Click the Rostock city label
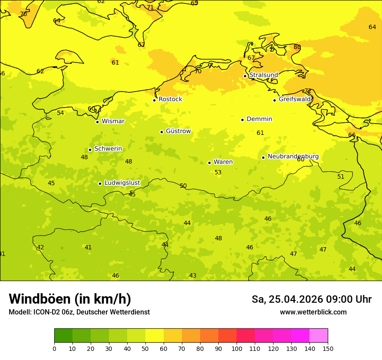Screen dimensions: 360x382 click(170, 99)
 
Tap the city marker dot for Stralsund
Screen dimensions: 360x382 click(245, 76)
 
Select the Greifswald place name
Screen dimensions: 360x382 click(294, 99)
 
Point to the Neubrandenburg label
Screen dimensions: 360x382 click(293, 157)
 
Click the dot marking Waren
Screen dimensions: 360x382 click(209, 163)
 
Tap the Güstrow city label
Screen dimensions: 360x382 click(178, 131)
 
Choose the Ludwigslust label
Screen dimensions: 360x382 click(122, 183)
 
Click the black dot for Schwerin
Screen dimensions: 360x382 click(90, 150)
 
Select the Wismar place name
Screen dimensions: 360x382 click(113, 121)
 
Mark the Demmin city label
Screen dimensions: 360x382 click(259, 119)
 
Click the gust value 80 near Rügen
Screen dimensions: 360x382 click(297, 47)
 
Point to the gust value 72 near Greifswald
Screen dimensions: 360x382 click(308, 91)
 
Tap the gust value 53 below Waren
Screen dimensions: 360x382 click(218, 173)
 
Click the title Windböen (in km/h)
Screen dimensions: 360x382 click(70, 299)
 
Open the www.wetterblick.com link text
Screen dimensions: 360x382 click(313, 312)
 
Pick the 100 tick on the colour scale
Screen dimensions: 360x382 click(237, 348)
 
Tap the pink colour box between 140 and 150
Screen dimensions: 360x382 click(319, 336)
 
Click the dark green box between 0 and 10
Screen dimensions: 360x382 click(63, 336)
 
